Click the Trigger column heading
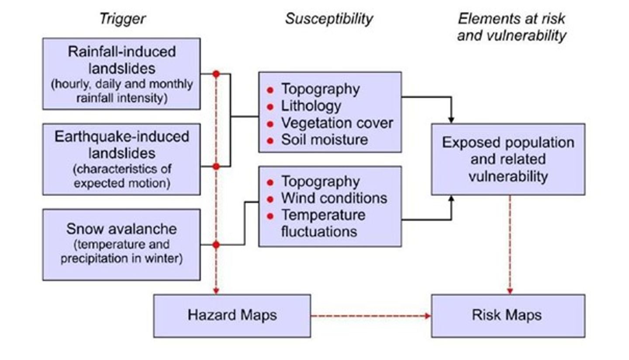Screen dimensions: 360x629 pyautogui.click(x=122, y=19)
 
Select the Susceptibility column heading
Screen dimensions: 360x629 pyautogui.click(x=329, y=19)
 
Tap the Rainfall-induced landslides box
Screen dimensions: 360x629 pyautogui.click(x=121, y=73)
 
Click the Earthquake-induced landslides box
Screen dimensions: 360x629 pyautogui.click(x=121, y=159)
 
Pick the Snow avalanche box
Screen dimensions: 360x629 pyautogui.click(x=121, y=244)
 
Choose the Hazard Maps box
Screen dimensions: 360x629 pyautogui.click(x=232, y=315)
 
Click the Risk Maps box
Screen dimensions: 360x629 pyautogui.click(x=508, y=315)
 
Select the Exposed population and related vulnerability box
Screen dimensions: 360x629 pyautogui.click(x=508, y=159)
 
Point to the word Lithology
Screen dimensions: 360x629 pyautogui.click(x=311, y=106)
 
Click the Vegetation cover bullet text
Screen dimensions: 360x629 pyautogui.click(x=337, y=123)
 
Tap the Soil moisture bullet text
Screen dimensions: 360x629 pyautogui.click(x=324, y=140)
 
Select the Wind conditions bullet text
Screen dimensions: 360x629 pyautogui.click(x=334, y=198)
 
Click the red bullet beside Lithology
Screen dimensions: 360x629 pyautogui.click(x=270, y=107)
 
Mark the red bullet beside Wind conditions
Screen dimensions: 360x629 pyautogui.click(x=270, y=199)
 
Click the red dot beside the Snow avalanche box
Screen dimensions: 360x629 pyautogui.click(x=216, y=245)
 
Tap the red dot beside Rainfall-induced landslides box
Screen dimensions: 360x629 pyautogui.click(x=216, y=74)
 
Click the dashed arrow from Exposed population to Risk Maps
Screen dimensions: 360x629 pyautogui.click(x=509, y=245)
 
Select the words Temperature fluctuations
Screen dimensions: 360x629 pyautogui.click(x=323, y=223)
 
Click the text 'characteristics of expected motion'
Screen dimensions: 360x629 pyautogui.click(x=122, y=176)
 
